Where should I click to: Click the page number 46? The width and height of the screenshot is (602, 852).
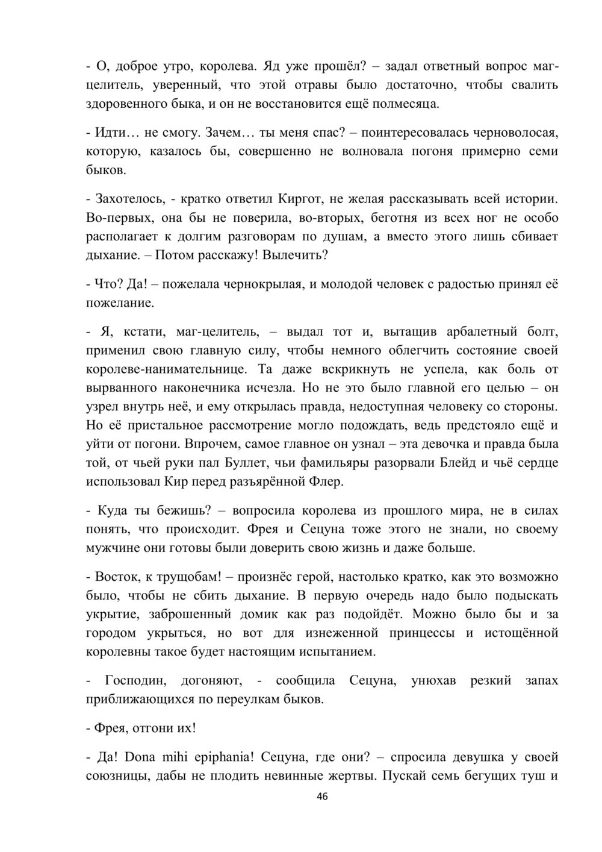tap(322, 797)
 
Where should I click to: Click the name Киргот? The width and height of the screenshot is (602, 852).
tap(302, 198)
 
